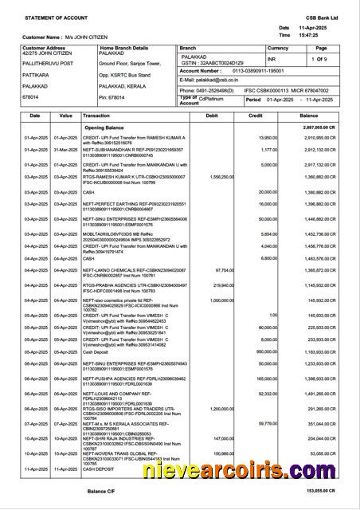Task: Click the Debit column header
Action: click(x=211, y=116)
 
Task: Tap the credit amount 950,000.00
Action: click(x=262, y=351)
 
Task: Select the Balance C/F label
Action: click(x=101, y=491)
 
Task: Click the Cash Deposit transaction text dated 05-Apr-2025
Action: click(x=96, y=351)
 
